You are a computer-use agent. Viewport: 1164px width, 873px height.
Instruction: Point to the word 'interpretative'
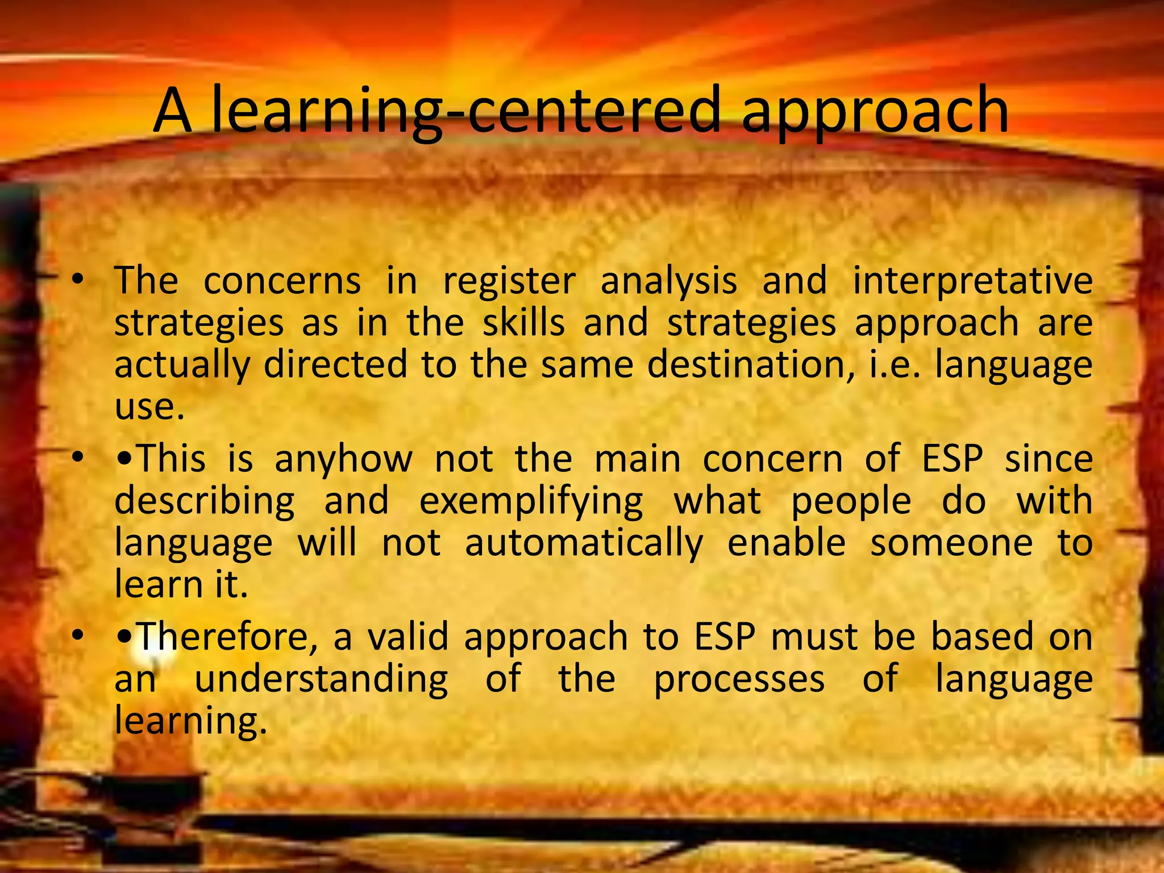[972, 282]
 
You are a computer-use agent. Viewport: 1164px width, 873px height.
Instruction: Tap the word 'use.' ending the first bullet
[149, 407]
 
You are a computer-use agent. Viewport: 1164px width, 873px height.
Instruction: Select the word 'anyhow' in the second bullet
[343, 459]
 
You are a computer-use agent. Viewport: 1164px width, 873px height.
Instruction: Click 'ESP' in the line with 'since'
[952, 459]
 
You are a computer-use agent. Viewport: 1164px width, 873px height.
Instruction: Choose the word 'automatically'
[584, 543]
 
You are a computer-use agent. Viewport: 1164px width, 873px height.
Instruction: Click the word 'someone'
[951, 543]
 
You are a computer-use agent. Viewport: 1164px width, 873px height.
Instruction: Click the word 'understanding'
[321, 680]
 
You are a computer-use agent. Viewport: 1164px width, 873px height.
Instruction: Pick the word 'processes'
[739, 680]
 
